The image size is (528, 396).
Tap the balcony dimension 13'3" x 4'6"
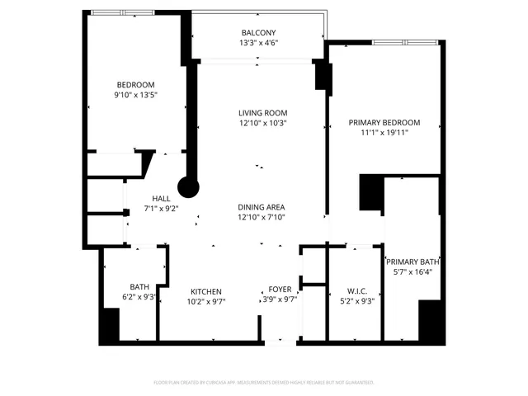coord(258,43)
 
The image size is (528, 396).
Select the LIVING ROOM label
coord(263,113)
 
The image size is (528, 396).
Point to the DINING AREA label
coord(262,207)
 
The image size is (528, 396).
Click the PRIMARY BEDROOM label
coord(384,123)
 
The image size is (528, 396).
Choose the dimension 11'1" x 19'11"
coord(384,134)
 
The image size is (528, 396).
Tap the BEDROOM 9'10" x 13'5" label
coord(135,90)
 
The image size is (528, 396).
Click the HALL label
coord(161,198)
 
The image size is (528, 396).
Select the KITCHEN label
coord(206,291)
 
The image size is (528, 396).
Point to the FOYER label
coord(280,290)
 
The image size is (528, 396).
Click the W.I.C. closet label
coord(357,290)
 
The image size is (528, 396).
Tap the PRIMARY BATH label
coord(412,262)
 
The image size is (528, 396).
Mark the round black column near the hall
coord(189,187)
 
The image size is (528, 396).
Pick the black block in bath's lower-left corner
coord(109,325)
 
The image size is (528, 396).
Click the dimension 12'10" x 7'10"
coord(262,218)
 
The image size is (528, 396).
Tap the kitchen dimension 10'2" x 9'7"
coord(206,302)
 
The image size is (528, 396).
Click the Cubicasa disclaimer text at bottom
coord(263,382)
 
